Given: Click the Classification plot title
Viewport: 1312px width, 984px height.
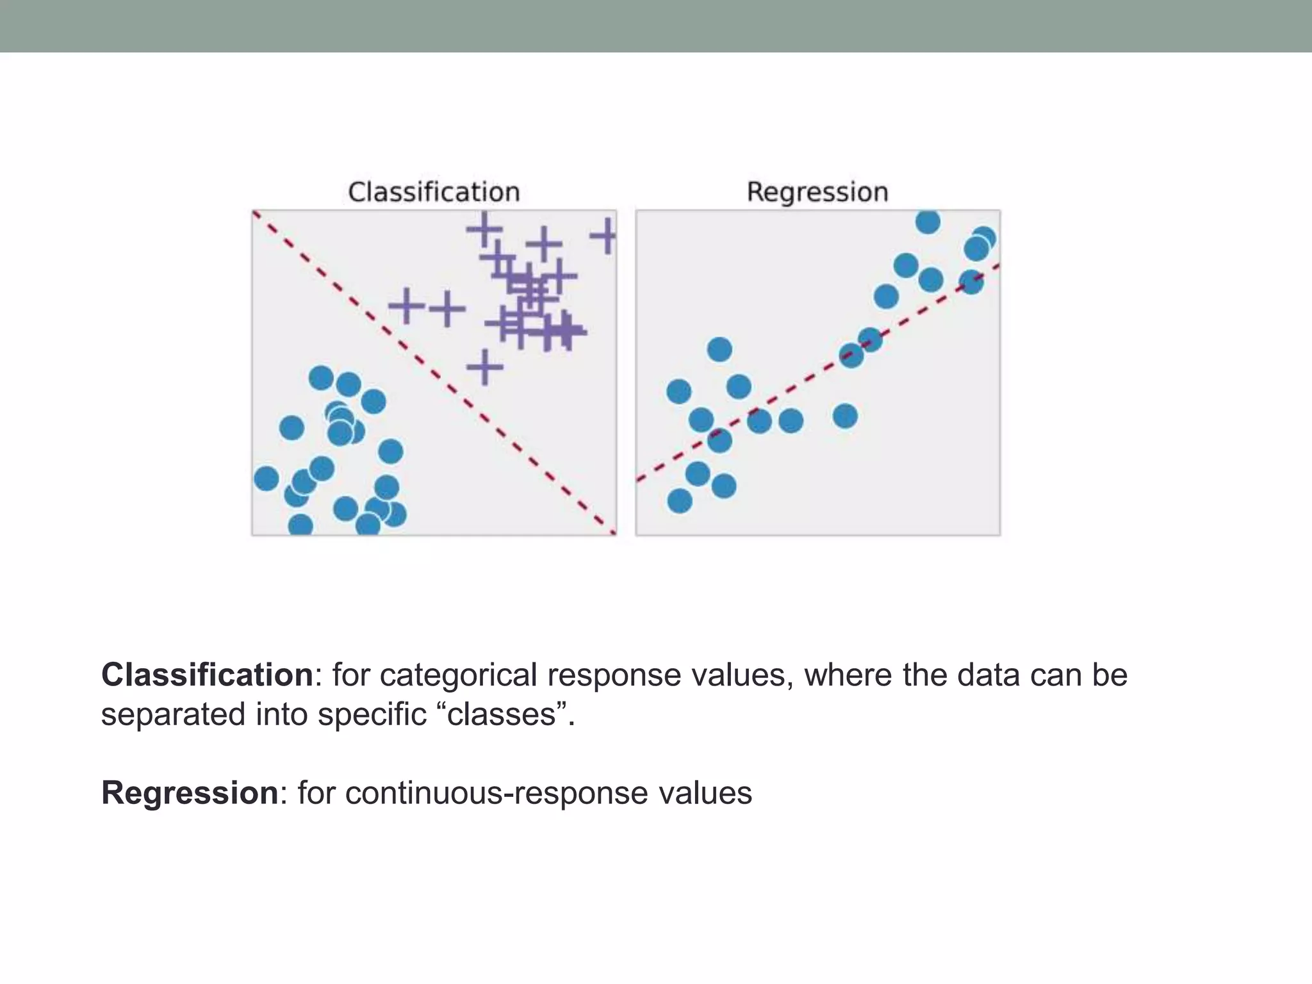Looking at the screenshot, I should [x=434, y=192].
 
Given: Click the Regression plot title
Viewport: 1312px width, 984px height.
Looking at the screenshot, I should [x=817, y=192].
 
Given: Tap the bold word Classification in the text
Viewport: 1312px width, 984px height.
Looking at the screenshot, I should [x=207, y=675].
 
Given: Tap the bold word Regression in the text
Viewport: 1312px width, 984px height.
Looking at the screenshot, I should [x=190, y=792].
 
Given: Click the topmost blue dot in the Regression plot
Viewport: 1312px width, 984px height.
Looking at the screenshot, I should [x=928, y=222].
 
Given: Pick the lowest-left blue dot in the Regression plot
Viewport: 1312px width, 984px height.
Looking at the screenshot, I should [x=680, y=500].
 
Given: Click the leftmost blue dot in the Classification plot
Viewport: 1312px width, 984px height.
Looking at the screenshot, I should [x=266, y=478].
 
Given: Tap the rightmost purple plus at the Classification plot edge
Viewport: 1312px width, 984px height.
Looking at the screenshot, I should [x=605, y=236].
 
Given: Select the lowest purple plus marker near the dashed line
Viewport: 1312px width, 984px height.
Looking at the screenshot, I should [x=485, y=367].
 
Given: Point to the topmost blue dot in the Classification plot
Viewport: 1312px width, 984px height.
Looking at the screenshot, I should [x=321, y=378].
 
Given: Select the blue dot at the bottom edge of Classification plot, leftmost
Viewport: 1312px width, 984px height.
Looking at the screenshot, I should [x=300, y=525].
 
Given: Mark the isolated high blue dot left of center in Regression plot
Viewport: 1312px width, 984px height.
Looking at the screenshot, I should [x=719, y=350].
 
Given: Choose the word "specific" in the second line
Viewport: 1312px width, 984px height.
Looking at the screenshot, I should [x=372, y=714].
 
